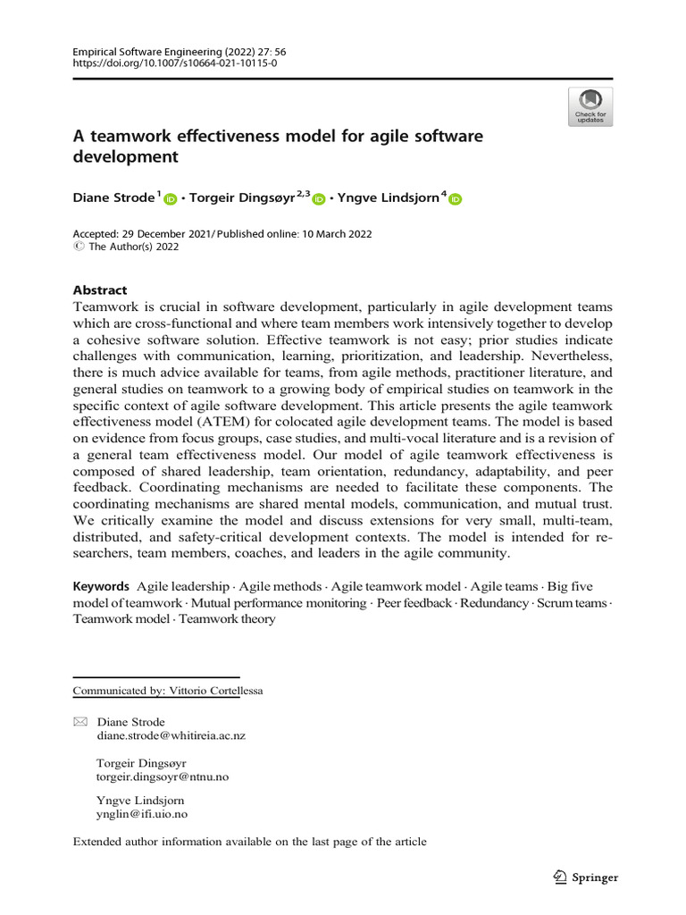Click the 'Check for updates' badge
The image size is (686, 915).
pos(590,105)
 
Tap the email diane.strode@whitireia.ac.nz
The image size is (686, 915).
pos(171,735)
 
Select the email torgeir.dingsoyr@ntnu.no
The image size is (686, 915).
pos(162,776)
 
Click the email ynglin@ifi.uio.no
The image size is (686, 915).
pos(141,814)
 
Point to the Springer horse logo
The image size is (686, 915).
pos(559,877)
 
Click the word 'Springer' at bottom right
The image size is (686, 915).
pos(594,877)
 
